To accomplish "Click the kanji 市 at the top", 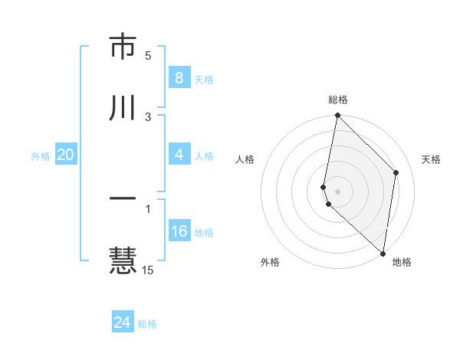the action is pyautogui.click(x=123, y=47).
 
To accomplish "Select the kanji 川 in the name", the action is pyautogui.click(x=123, y=108).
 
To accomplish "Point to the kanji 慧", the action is pyautogui.click(x=123, y=259).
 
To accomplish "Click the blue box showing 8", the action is pyautogui.click(x=179, y=77).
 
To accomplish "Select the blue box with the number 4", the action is pyautogui.click(x=179, y=155).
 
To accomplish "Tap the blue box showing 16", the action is pyautogui.click(x=179, y=231).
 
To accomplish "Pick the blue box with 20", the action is pyautogui.click(x=65, y=155).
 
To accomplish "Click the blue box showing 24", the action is pyautogui.click(x=122, y=322).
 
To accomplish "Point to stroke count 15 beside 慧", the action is pyautogui.click(x=148, y=270).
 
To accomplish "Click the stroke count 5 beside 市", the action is pyautogui.click(x=148, y=56).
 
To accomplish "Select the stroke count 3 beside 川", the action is pyautogui.click(x=148, y=116).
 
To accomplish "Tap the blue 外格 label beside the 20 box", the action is pyautogui.click(x=41, y=156).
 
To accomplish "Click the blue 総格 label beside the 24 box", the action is pyautogui.click(x=147, y=324).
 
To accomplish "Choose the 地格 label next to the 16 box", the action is pyautogui.click(x=204, y=233).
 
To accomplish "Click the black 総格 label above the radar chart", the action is pyautogui.click(x=338, y=100).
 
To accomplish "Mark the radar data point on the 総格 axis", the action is pyautogui.click(x=337, y=116).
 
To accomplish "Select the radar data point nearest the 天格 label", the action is pyautogui.click(x=396, y=172).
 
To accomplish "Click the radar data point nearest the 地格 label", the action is pyautogui.click(x=383, y=254).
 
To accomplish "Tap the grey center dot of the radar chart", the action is pyautogui.click(x=337, y=191).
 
